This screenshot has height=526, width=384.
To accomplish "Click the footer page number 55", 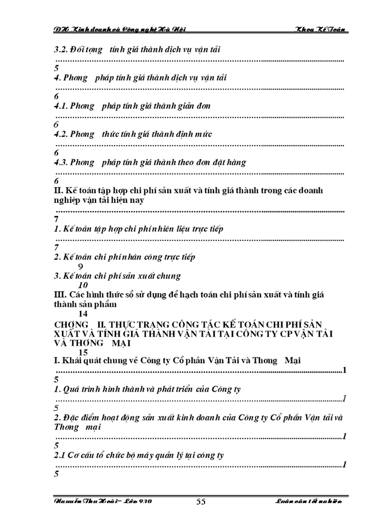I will pos(200,502).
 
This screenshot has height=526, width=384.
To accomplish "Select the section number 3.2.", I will pos(60,50).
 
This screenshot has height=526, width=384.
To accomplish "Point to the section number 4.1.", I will pos(60,106).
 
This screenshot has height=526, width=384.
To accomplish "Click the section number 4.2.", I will pos(60,134).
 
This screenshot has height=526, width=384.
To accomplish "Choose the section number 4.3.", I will pos(60,162).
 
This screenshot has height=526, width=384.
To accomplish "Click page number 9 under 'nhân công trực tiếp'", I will pos(81,266).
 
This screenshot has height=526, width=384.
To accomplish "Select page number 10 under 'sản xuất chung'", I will pos(83,285).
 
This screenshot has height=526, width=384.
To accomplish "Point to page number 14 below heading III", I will pos(83,314).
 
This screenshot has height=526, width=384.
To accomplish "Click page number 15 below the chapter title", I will pos(83,352).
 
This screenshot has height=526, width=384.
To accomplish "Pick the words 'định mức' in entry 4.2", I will pos(194,134).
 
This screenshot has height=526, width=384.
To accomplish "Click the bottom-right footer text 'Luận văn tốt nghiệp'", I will pos(309,502).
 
